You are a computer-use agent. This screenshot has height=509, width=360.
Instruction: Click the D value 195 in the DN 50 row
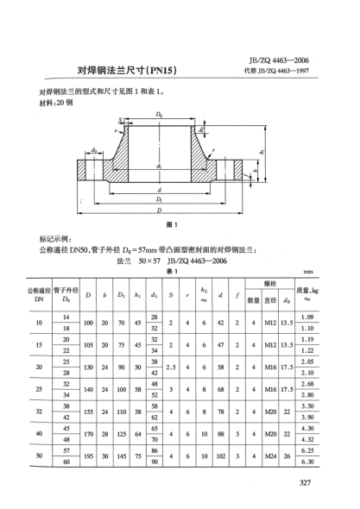coord(88,456)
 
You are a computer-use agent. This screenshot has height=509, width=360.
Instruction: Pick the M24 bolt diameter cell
coord(275,456)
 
